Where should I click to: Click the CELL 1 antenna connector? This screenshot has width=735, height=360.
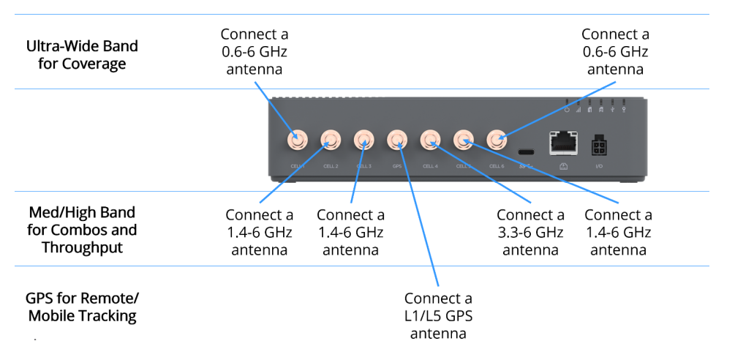(298, 139)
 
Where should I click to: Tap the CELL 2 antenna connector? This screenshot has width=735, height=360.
(331, 139)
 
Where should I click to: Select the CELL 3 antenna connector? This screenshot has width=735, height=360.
(364, 139)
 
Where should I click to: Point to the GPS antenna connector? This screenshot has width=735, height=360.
(397, 139)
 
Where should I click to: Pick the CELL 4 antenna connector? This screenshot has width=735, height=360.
(430, 139)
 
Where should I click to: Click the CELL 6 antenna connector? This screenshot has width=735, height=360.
(497, 139)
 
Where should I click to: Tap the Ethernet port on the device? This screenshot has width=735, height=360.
(562, 142)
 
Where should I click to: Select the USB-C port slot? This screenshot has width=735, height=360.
(527, 152)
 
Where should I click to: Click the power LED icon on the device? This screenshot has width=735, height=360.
(568, 110)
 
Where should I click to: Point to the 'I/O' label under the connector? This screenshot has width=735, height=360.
(599, 167)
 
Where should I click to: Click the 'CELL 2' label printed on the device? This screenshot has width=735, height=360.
(331, 166)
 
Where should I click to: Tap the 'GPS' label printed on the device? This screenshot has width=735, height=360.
(397, 166)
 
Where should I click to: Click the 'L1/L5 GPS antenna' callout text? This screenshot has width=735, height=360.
(438, 316)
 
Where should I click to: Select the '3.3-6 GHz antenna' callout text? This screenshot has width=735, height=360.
(530, 232)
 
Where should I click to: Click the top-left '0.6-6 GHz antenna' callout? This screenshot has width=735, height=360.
(255, 52)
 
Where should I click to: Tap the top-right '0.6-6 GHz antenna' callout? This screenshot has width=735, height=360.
(615, 52)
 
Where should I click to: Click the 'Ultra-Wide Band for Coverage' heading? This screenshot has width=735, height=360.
(82, 55)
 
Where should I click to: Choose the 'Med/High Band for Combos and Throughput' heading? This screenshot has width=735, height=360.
(82, 230)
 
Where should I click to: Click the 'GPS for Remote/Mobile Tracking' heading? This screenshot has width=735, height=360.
(82, 307)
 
